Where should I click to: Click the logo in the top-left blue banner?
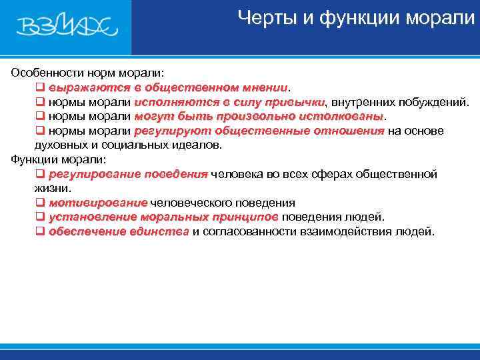pyautogui.click(x=67, y=26)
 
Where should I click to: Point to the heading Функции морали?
pyautogui.click(x=59, y=159)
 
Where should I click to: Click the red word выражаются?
pyautogui.click(x=81, y=87)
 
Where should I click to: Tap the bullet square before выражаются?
pyautogui.click(x=39, y=87)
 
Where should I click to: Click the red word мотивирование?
pyautogui.click(x=97, y=203)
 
